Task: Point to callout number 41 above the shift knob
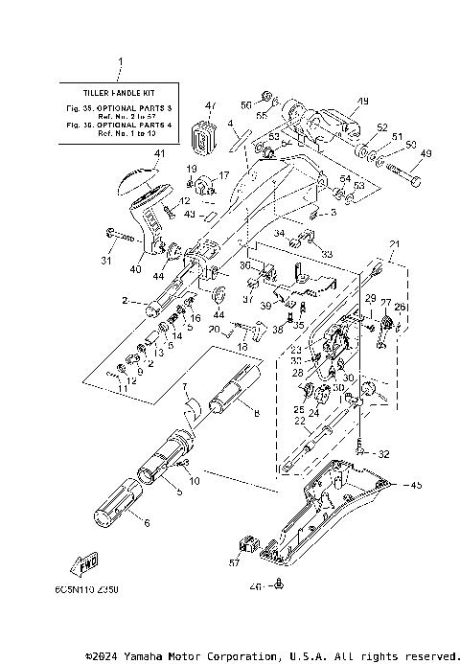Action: [159, 153]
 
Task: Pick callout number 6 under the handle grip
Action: [147, 523]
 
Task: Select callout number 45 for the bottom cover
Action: [416, 486]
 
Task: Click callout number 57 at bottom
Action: [233, 565]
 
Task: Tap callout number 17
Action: [224, 175]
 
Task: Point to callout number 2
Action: [126, 301]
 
